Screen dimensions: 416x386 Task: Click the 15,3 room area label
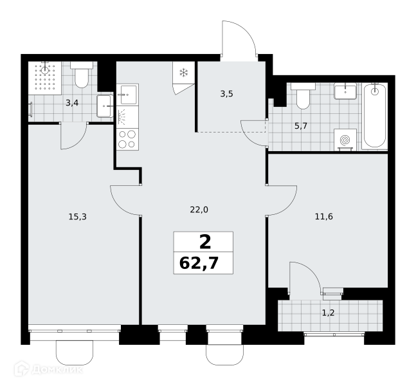coord(78,217)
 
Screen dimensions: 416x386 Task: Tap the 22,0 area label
coord(199,210)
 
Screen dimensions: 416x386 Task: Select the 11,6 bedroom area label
coord(323,217)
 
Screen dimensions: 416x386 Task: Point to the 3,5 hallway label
coord(226,94)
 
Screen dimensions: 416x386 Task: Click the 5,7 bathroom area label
coord(301,126)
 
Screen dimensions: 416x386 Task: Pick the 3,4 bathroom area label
coord(72,103)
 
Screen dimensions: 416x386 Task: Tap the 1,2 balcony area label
coord(328,313)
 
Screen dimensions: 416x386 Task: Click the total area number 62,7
coord(199,263)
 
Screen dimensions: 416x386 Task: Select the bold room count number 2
coord(205,242)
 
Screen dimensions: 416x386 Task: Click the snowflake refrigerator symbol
coord(184,73)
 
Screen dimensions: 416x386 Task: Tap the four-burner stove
coord(127,140)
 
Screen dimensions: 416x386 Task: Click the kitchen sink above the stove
coord(127,95)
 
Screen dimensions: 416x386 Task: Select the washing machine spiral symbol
coord(345,140)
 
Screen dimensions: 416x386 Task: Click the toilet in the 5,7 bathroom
coord(303,96)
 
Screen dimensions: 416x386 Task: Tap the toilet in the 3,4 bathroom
coord(82,75)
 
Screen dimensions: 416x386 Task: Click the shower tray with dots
coord(45,78)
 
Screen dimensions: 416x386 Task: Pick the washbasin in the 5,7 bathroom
coord(345,91)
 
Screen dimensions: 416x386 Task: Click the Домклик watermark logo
coord(48,369)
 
